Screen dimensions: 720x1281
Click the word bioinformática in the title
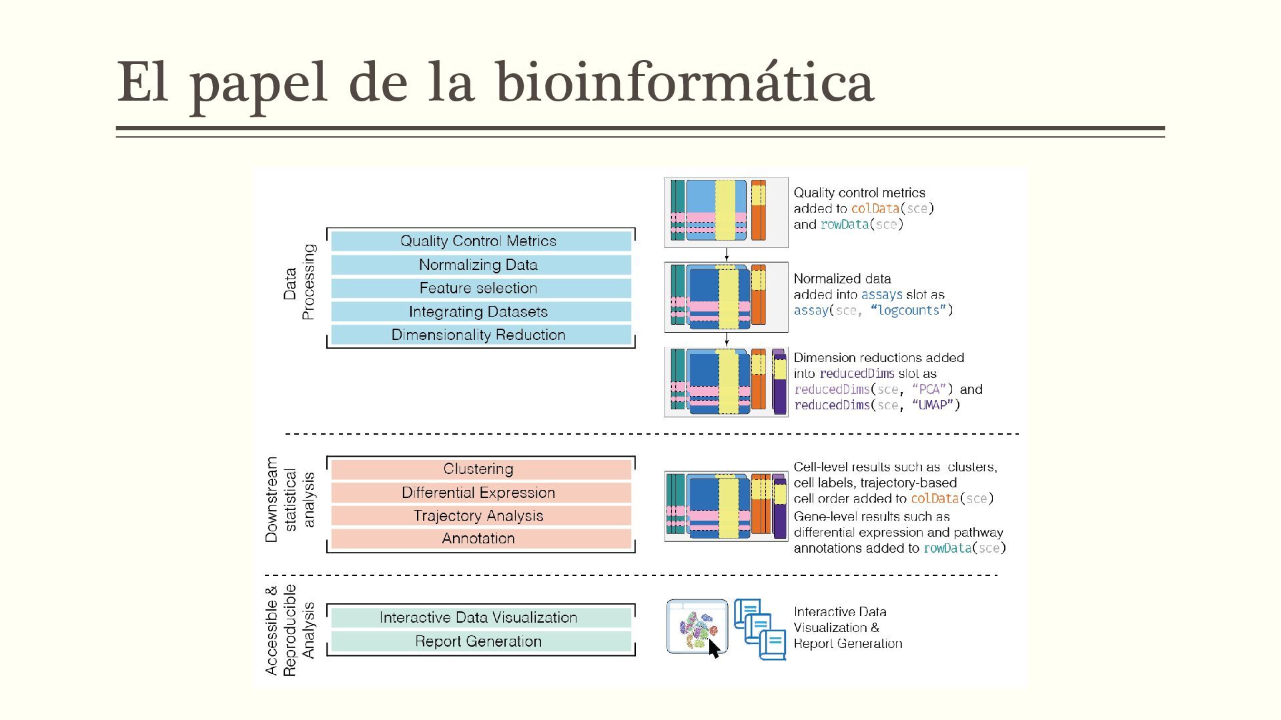[x=685, y=83]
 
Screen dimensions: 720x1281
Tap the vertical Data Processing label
[x=298, y=282]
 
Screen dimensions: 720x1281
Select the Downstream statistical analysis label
[x=290, y=499]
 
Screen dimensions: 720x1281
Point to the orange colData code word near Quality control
[x=875, y=209]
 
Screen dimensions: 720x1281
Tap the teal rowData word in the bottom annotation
[x=947, y=549]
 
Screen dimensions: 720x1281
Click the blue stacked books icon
[x=761, y=629]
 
